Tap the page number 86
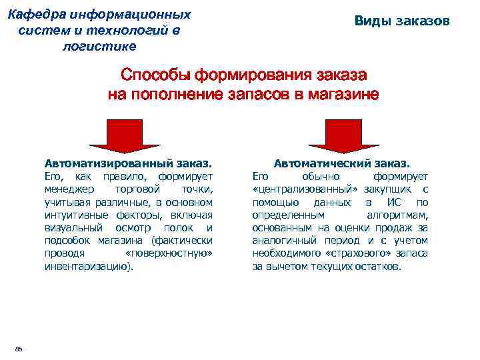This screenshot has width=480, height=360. click(18, 349)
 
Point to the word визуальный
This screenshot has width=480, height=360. click(70, 227)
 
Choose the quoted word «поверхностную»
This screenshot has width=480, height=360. click(169, 253)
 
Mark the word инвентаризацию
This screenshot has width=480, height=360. click(87, 265)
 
